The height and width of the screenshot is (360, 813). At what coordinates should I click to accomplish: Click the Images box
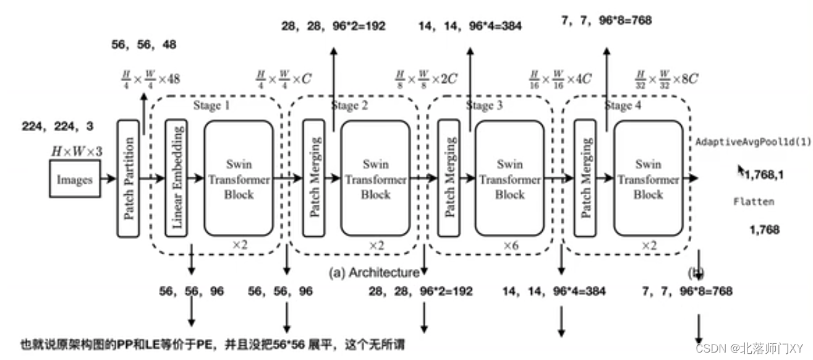[x=75, y=179]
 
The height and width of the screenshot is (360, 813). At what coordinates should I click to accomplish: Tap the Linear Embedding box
[x=176, y=179]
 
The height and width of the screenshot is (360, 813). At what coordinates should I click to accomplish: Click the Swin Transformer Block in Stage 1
[x=239, y=179]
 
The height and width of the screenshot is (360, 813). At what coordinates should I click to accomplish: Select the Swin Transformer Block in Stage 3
[x=510, y=179]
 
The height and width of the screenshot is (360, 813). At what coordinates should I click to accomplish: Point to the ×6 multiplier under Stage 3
[x=510, y=245]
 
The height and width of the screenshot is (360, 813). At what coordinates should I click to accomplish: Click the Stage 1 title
[x=211, y=106]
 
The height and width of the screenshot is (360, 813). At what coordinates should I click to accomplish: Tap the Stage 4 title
[x=618, y=106]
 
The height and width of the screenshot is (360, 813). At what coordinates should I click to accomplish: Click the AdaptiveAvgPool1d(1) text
[x=754, y=141]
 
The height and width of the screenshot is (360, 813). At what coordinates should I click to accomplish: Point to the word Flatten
[x=754, y=202]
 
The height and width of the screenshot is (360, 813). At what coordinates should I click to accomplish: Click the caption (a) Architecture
[x=375, y=272]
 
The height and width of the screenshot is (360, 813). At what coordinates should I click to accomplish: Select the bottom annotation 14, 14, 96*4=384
[x=554, y=291]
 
